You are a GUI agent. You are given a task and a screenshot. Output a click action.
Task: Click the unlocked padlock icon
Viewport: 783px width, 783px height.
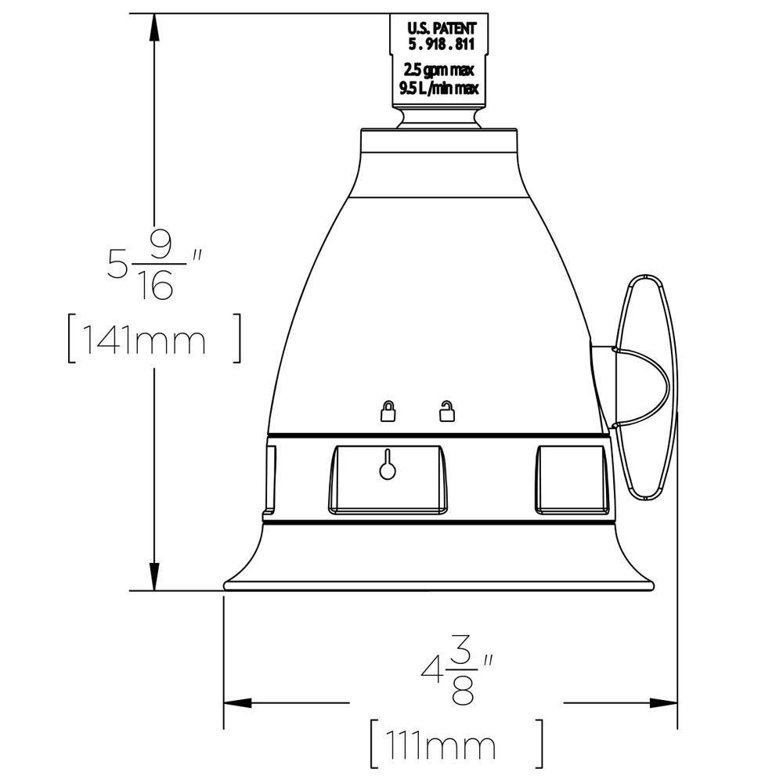pos(446,411)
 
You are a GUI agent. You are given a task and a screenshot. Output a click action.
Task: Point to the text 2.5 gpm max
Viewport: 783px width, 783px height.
pos(439,70)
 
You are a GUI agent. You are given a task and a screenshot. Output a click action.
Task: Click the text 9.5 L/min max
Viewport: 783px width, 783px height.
pos(439,88)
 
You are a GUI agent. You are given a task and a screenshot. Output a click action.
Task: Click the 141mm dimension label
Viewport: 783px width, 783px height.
pos(153,340)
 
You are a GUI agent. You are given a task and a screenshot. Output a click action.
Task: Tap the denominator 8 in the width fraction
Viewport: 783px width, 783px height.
pos(465,691)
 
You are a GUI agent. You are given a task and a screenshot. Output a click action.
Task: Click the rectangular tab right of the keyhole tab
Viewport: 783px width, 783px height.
pos(571,479)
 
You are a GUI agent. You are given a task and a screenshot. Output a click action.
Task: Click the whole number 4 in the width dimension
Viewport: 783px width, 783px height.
pos(431,672)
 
